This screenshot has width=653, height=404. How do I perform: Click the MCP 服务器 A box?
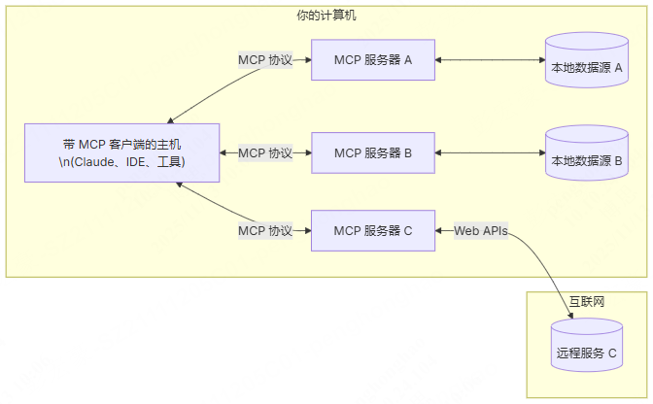coord(373,60)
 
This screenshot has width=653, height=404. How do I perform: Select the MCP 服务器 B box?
coord(373,153)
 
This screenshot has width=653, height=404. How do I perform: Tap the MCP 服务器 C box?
coord(373,231)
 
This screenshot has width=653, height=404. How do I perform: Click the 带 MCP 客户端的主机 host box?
coord(121,153)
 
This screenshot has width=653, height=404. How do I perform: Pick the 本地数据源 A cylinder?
coord(586,61)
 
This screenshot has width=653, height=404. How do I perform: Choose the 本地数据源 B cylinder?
coord(586,154)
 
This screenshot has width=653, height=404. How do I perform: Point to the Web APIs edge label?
coord(480,231)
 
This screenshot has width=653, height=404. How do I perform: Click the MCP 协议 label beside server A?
coord(265,60)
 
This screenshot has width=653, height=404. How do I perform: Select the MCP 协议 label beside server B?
coord(265,153)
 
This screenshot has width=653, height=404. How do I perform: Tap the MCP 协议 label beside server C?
coord(265,231)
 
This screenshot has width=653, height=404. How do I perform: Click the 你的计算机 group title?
coord(326,16)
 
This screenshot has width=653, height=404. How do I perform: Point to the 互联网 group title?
coord(586,302)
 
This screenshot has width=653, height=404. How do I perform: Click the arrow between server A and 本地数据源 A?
coord(490,60)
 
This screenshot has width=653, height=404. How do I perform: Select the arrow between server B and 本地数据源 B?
coord(490,153)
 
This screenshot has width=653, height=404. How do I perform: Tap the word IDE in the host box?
coord(137,162)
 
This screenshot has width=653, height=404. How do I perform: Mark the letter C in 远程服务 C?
coord(612,354)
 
